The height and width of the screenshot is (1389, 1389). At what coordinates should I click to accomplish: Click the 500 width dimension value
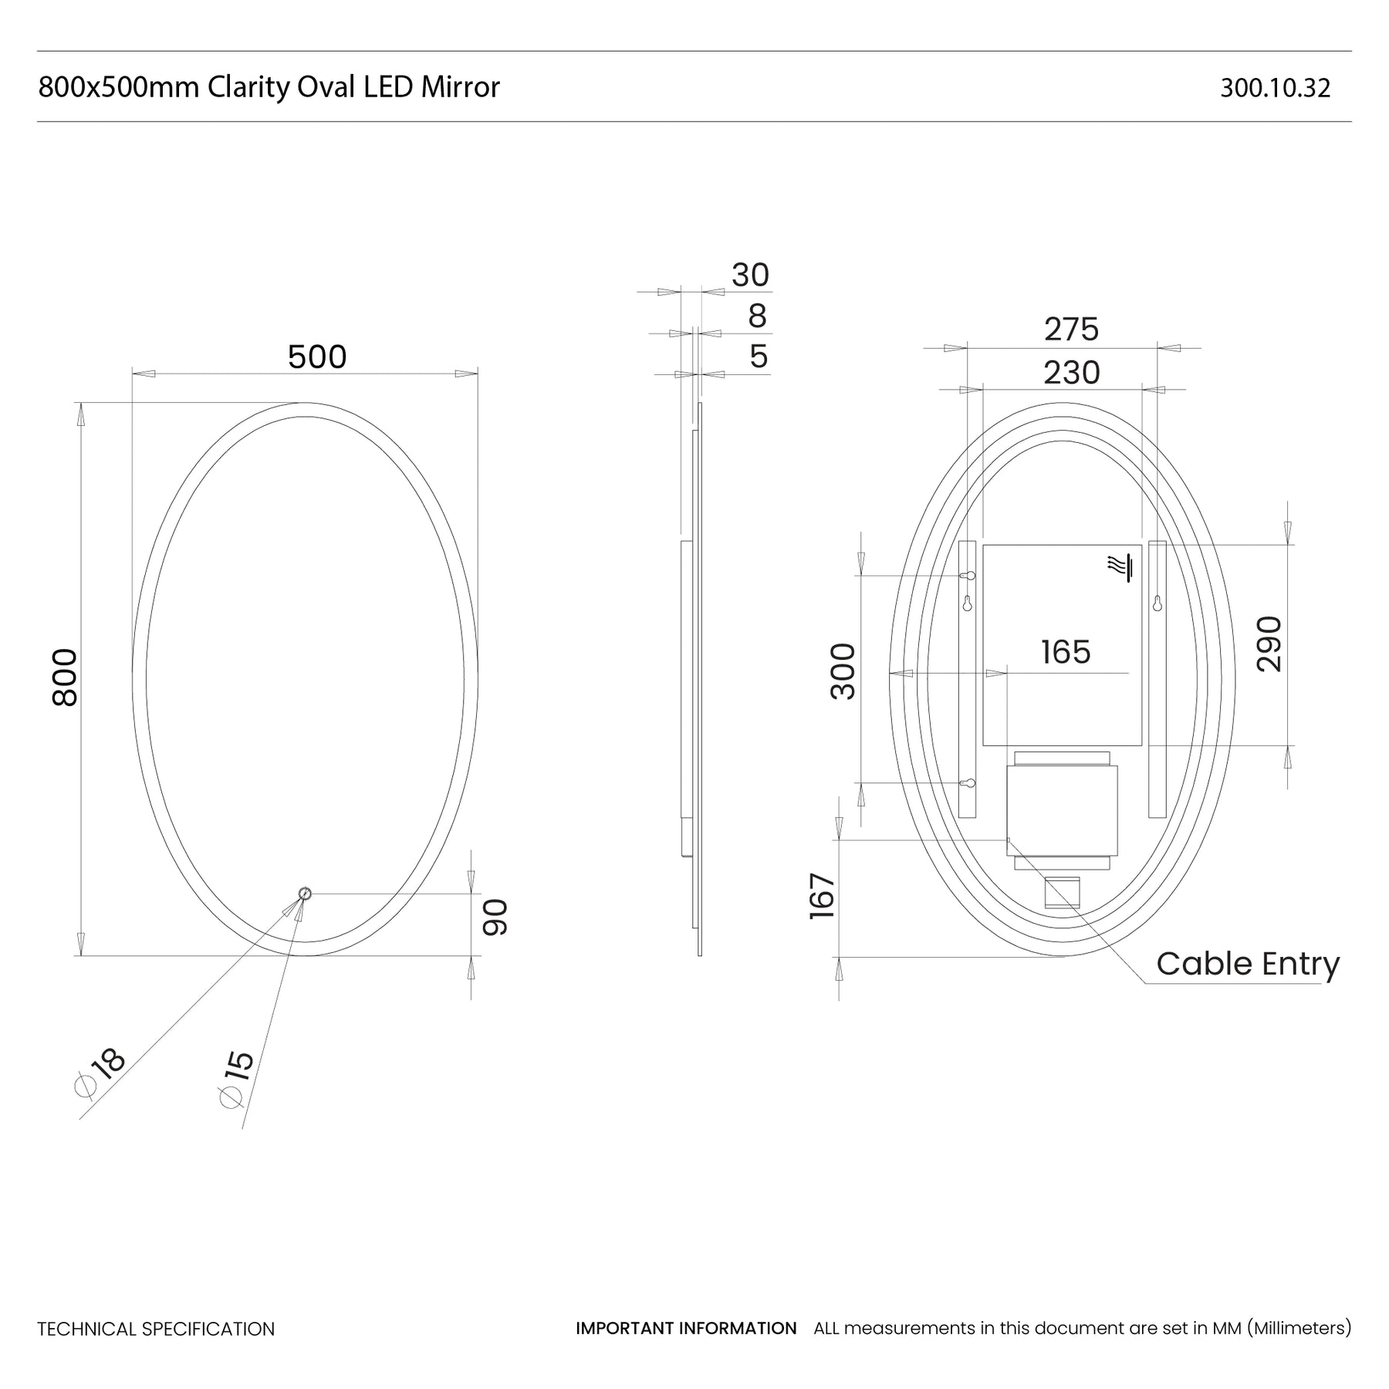tap(317, 357)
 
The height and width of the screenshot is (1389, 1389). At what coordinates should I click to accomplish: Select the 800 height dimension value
tap(66, 678)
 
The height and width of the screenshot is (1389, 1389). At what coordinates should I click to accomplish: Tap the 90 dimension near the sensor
tap(495, 917)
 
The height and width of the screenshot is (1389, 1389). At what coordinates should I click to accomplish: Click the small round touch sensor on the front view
tap(305, 894)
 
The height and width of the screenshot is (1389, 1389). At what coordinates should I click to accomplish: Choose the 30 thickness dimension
tap(750, 275)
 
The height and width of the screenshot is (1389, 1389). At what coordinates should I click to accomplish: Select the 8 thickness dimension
tap(757, 316)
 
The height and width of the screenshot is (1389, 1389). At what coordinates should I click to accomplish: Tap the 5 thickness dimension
tap(759, 357)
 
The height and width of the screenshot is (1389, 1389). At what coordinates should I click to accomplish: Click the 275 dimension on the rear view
tap(1071, 330)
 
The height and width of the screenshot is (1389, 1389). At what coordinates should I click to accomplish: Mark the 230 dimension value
tap(1071, 373)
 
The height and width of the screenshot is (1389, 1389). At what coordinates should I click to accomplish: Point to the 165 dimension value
tap(1066, 652)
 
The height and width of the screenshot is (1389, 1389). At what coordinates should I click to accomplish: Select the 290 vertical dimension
tap(1269, 644)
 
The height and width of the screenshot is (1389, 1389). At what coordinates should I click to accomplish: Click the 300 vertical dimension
tap(843, 671)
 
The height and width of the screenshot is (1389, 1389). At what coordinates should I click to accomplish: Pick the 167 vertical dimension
tap(823, 896)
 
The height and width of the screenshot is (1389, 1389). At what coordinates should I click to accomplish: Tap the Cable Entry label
tap(1248, 964)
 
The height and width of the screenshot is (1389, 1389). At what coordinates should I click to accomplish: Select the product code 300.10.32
tap(1276, 88)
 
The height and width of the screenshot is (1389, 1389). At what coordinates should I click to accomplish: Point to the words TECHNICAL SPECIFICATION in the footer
tap(156, 1329)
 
